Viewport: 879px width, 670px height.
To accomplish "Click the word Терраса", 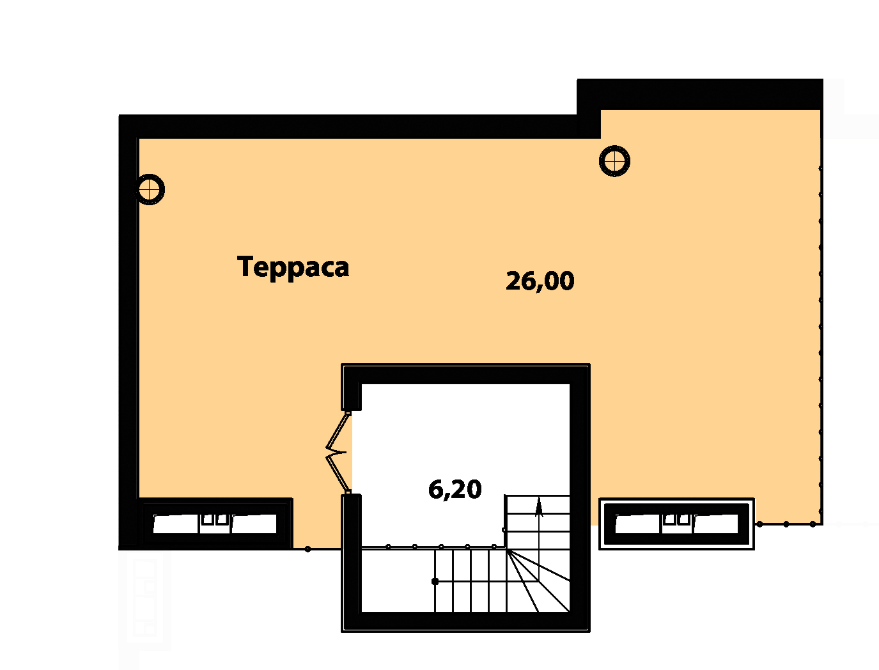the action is point(293,267).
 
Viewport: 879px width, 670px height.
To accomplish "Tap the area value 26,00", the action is point(540,281).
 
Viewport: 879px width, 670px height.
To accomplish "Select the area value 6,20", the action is point(455,489).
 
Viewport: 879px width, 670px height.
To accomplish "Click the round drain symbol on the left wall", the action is point(150,189).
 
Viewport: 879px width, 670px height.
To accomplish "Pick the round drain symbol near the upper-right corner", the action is point(614,161).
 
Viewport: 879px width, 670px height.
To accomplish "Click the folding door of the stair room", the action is point(336,453).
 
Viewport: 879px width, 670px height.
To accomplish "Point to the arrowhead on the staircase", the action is point(539,507).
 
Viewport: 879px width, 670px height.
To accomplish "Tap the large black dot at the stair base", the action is point(435,582).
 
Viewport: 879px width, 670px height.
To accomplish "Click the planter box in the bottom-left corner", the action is point(215,524).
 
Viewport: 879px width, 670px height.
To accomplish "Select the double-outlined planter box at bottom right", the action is point(676,524).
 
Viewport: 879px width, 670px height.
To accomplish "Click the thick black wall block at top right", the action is point(699,94).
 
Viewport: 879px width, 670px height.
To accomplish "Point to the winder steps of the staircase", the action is point(538,580).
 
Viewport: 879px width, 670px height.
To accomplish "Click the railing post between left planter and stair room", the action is point(307,549).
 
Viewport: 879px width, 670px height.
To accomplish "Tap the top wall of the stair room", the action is point(465,374).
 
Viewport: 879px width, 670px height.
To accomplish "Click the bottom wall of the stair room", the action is point(465,622).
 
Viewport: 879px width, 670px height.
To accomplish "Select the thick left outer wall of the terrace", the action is point(128,332).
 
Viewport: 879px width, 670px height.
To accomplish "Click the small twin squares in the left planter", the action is point(215,519).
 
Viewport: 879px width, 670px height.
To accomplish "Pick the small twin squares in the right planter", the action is point(676,519).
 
